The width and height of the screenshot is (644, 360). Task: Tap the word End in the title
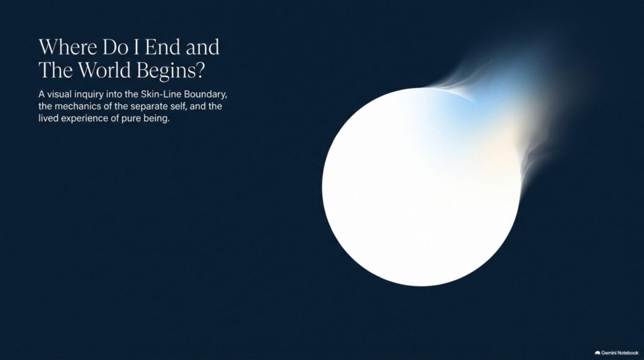(163, 47)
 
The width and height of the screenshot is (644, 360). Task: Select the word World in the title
(105, 70)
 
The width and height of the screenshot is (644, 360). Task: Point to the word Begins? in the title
(170, 71)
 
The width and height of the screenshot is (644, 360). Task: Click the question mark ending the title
(200, 70)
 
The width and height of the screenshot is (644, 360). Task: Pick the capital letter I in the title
(136, 47)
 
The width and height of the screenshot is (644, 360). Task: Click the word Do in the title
(116, 47)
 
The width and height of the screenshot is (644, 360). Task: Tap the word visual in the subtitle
(59, 94)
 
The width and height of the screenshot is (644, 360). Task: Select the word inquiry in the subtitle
(89, 95)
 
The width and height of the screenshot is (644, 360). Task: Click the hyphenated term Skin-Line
(161, 94)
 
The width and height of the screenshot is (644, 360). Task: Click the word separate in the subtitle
(148, 107)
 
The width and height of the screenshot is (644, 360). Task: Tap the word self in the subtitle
(178, 106)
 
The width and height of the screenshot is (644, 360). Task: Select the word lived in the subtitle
(48, 118)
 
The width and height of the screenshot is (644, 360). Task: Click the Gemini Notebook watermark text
(619, 352)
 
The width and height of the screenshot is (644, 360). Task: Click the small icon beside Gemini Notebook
(597, 353)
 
